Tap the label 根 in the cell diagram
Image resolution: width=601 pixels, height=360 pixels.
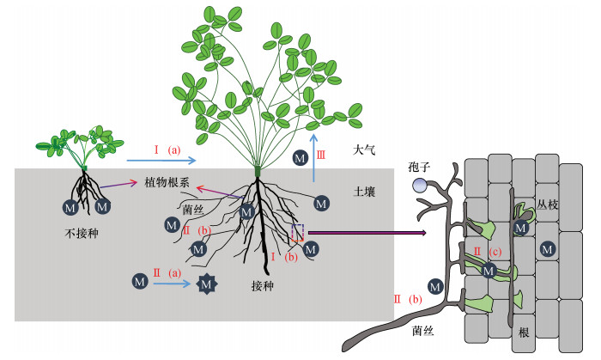click(524, 332)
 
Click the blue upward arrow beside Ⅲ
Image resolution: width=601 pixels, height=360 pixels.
click(314, 157)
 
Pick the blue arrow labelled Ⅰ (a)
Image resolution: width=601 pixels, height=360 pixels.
click(161, 161)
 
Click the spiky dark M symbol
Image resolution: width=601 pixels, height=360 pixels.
click(207, 283)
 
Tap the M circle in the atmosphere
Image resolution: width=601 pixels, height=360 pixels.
click(300, 158)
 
